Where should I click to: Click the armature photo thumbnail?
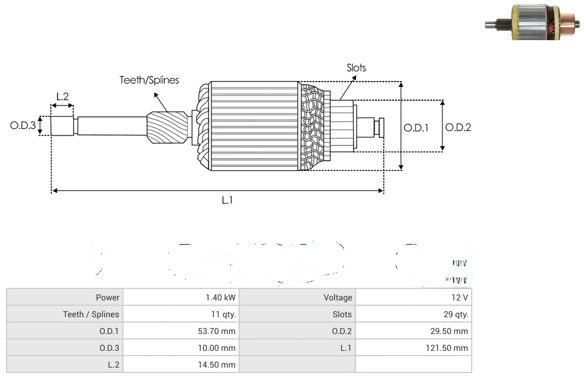532,23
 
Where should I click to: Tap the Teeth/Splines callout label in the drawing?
149,80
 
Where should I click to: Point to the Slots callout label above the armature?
356,68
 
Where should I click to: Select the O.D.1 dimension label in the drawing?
416,127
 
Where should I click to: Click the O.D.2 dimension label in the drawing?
459,127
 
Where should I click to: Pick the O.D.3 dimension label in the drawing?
23,126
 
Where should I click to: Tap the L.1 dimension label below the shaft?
227,200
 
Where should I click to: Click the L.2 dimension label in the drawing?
62,96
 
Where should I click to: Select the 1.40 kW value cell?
221,297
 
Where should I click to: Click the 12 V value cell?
460,297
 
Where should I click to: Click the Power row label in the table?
107,297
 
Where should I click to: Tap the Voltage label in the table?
337,297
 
